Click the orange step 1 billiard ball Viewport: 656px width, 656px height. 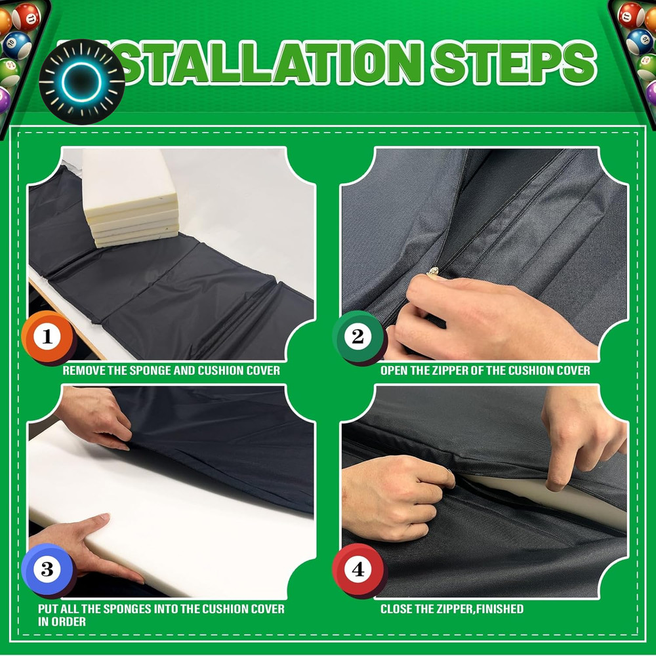(x=47, y=337)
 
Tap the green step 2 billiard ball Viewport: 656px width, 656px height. (x=358, y=337)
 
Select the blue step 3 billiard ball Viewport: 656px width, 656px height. (x=47, y=569)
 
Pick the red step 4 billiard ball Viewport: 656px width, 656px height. (x=358, y=569)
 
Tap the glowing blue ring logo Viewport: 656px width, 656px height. (x=82, y=82)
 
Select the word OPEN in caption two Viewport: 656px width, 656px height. (x=394, y=371)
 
